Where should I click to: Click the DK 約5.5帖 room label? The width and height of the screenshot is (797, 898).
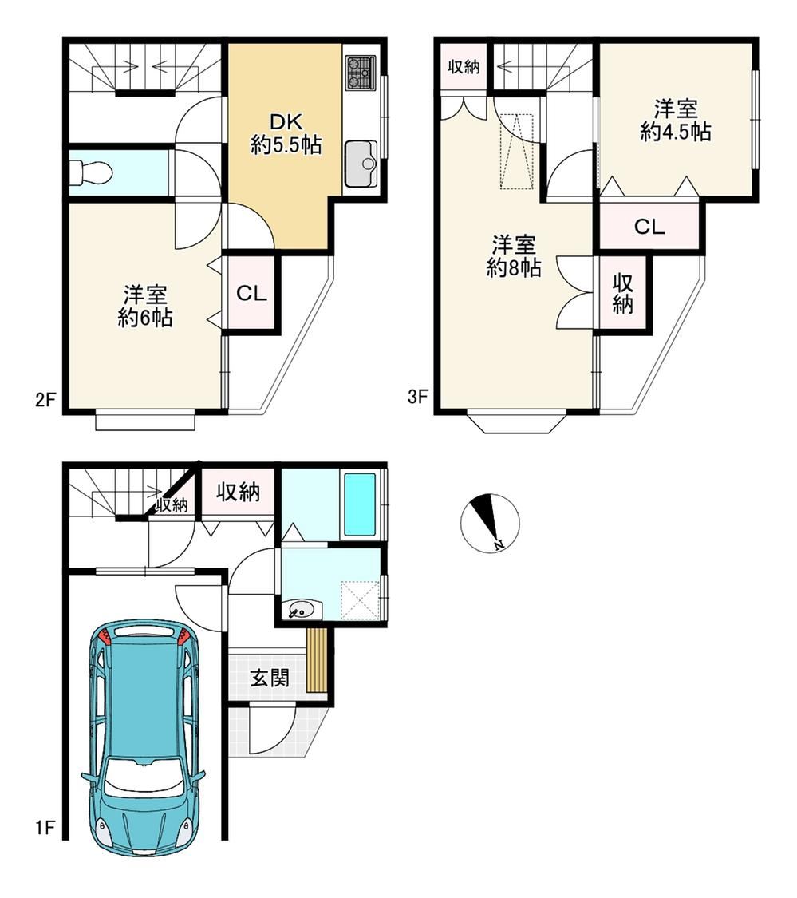[x=286, y=133]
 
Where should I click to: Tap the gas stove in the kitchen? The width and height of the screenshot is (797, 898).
[x=361, y=73]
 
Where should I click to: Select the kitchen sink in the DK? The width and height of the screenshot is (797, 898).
[x=361, y=164]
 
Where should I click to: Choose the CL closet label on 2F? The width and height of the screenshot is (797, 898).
[x=252, y=294]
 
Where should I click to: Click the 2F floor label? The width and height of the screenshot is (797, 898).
[x=45, y=399]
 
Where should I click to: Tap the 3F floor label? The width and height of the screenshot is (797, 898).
[x=418, y=396]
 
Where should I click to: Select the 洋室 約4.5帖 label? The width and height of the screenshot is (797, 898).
[x=676, y=121]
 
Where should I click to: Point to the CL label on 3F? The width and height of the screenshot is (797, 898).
[x=649, y=227]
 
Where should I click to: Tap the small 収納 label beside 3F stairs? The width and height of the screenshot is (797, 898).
[x=464, y=67]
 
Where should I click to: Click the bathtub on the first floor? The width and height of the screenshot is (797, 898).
[x=360, y=504]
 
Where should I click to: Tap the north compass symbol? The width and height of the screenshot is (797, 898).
[x=490, y=523]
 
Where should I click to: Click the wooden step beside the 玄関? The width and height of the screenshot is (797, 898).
[x=317, y=660]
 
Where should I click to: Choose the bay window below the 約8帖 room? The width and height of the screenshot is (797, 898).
[x=517, y=422]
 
